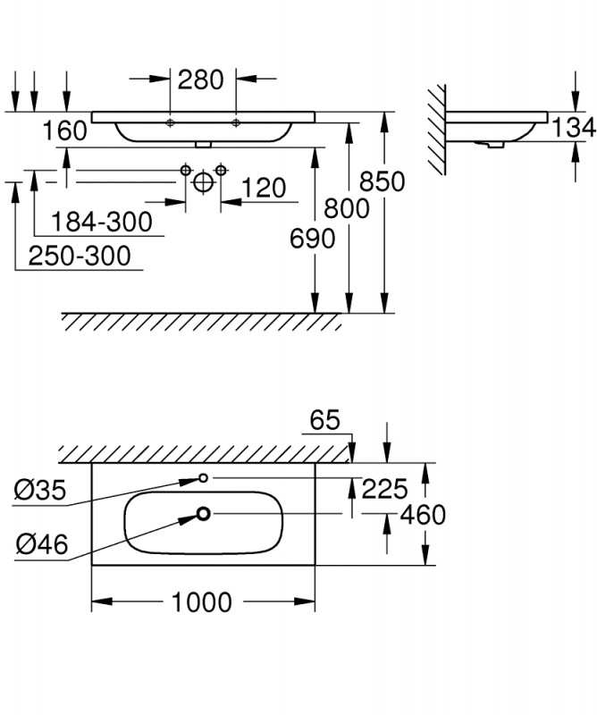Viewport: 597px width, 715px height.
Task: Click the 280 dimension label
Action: (201, 80)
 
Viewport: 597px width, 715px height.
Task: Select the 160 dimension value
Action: (64, 130)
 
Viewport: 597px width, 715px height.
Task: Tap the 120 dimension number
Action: (264, 188)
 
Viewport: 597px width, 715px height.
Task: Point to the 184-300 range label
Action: (101, 222)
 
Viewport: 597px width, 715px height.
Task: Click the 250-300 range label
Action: (80, 256)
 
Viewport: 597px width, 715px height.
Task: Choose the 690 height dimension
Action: (313, 238)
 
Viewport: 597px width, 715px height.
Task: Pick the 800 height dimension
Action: (347, 208)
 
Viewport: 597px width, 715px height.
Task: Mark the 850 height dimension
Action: (383, 181)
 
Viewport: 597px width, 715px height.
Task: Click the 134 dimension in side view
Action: (573, 127)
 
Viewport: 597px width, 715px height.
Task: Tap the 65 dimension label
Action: (324, 419)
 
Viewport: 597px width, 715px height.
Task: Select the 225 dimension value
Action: (384, 489)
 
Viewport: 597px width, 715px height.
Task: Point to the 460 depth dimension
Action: (423, 515)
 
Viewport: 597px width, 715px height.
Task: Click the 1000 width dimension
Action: (202, 601)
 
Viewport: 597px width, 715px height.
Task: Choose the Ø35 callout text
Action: (40, 490)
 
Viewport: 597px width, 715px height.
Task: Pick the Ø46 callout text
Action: (42, 543)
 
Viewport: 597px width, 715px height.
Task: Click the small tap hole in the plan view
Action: (204, 478)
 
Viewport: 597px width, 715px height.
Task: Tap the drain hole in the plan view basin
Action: (204, 514)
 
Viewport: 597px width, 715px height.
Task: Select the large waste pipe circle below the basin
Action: (204, 182)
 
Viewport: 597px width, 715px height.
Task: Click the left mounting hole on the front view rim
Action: (170, 122)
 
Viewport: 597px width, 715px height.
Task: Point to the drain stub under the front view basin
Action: (203, 144)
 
